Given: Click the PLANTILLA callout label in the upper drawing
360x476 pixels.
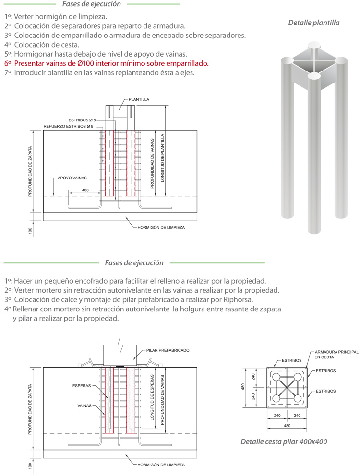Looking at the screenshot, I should click(x=139, y=99).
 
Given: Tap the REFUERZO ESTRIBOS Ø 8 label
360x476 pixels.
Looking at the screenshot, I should click(x=68, y=126).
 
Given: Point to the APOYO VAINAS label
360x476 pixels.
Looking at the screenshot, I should click(x=72, y=177).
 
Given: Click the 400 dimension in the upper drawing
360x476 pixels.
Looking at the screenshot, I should click(x=85, y=190).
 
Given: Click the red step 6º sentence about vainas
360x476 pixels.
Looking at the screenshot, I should click(x=107, y=63).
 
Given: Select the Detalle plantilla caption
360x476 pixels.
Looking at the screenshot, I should click(x=313, y=23).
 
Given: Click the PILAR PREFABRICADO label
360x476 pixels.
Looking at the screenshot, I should click(x=167, y=350).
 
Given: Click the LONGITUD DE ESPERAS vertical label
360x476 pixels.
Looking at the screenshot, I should click(x=152, y=398).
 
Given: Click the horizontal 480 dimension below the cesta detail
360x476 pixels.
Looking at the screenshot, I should click(x=287, y=425).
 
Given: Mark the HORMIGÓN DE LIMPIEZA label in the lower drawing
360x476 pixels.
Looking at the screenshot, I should click(x=161, y=465).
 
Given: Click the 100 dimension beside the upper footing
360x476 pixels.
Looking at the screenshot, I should click(x=30, y=231).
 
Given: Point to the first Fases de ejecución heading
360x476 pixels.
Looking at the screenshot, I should click(x=91, y=4).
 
